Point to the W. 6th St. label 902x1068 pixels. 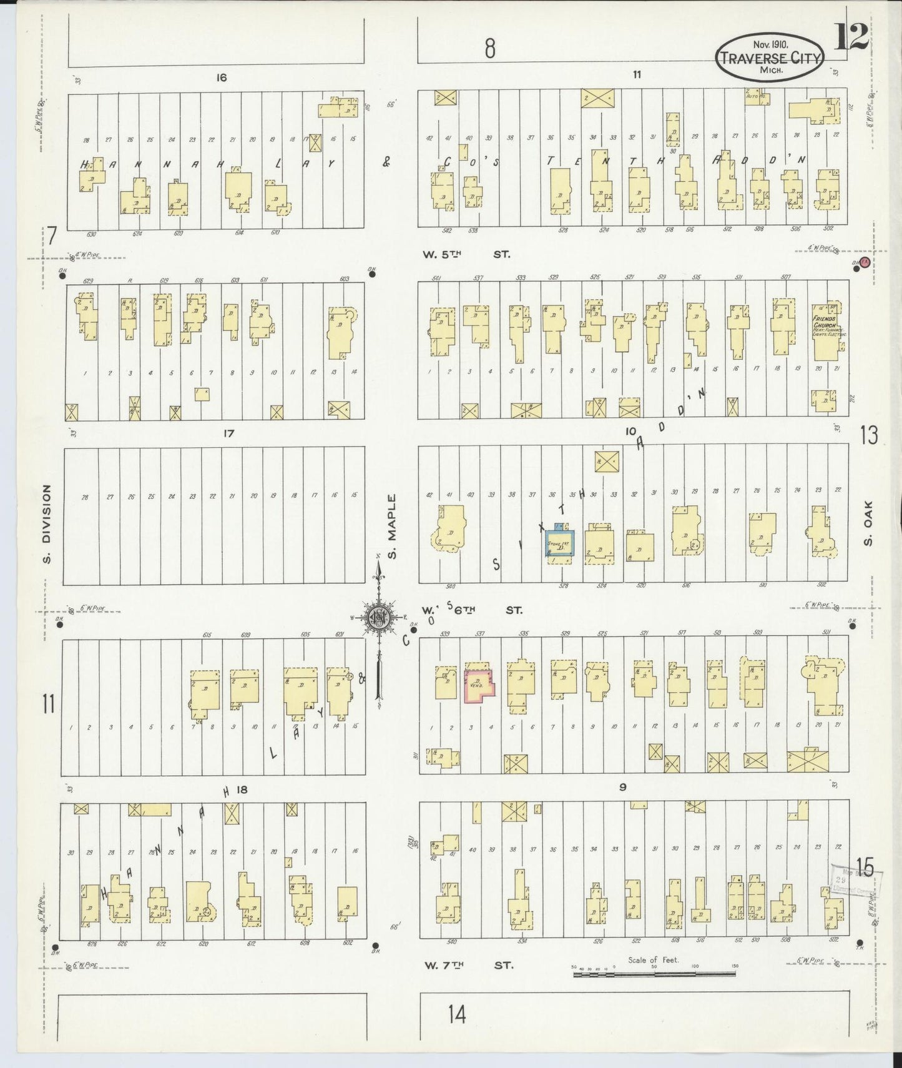tap(472, 610)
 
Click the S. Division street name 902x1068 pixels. tap(47, 523)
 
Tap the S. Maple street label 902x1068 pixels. tap(392, 527)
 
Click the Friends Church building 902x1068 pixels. tap(826, 331)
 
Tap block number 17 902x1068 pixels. tap(228, 433)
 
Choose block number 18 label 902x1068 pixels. tap(242, 789)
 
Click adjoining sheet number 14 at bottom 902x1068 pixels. tap(456, 1015)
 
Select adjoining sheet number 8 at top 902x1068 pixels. tap(490, 47)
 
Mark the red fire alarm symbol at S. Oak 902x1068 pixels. tap(865, 263)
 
